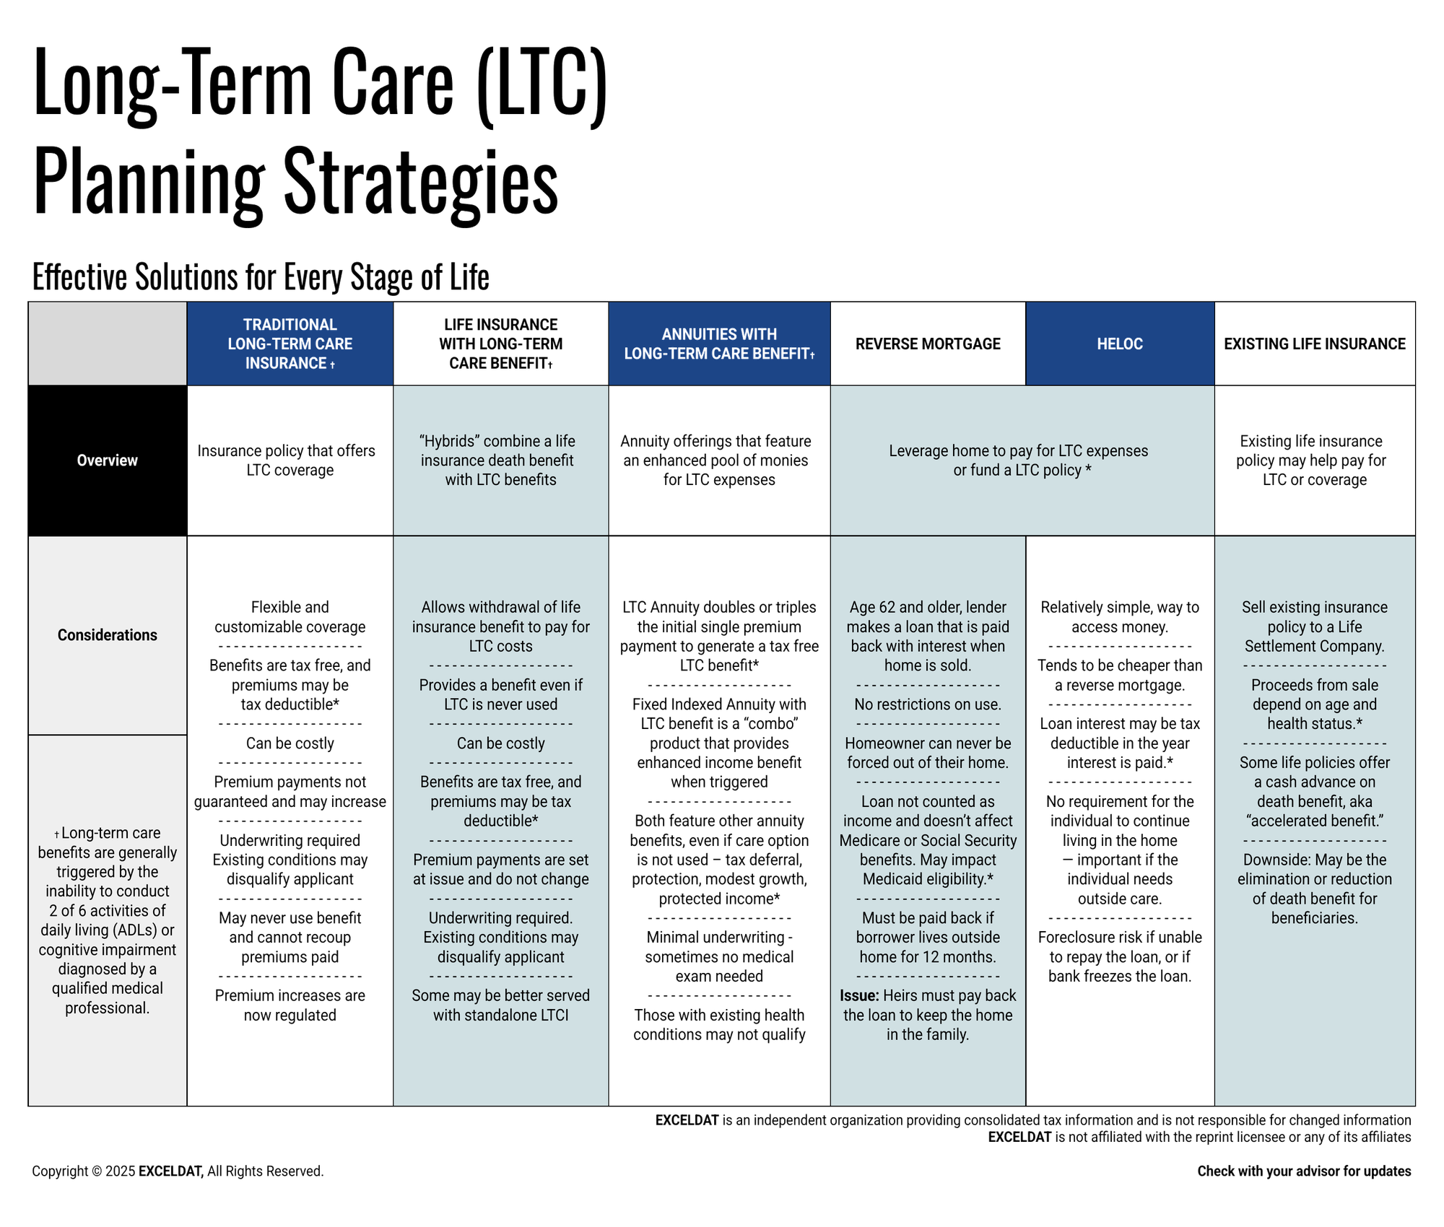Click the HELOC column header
[x=1120, y=344]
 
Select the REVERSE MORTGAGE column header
[x=928, y=344]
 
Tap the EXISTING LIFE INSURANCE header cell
[x=1315, y=344]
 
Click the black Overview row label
[x=108, y=460]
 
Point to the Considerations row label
[x=108, y=635]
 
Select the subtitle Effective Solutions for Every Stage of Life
[x=261, y=277]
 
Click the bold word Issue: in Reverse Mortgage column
[x=859, y=996]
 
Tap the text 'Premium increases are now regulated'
[x=290, y=1005]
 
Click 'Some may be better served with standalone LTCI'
[x=501, y=1005]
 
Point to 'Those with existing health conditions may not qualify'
[x=719, y=1025]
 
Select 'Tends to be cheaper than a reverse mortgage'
[x=1120, y=676]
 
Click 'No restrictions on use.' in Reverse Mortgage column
[x=928, y=704]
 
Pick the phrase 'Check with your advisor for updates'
[x=1304, y=1171]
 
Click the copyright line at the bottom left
[x=178, y=1171]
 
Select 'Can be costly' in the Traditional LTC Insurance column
[x=290, y=743]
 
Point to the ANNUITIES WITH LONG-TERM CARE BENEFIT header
[x=719, y=344]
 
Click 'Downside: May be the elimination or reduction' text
[x=1315, y=870]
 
